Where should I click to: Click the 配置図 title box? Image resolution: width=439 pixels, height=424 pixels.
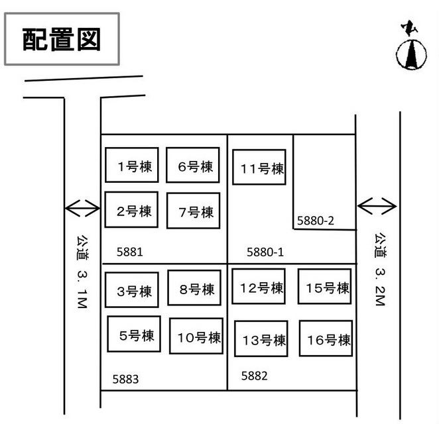click(62, 39)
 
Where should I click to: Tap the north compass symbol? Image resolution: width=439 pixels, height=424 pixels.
click(411, 46)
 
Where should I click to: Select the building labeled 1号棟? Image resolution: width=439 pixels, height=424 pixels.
click(132, 165)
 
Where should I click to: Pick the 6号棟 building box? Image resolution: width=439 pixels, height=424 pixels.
click(192, 165)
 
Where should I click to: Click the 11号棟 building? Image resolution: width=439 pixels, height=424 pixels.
click(259, 167)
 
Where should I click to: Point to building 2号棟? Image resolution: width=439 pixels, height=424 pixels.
click(131, 209)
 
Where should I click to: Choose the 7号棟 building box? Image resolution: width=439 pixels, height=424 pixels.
click(194, 211)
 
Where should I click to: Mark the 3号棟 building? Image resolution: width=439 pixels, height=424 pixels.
click(132, 290)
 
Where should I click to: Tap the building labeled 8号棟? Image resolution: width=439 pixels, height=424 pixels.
click(194, 288)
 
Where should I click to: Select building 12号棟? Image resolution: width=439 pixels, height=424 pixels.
click(259, 286)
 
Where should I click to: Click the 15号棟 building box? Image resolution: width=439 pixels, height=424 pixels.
click(325, 286)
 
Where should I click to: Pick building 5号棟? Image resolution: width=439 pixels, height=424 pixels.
click(134, 334)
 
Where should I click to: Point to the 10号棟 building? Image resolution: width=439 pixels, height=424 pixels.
click(196, 336)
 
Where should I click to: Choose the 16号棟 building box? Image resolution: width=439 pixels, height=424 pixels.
click(326, 339)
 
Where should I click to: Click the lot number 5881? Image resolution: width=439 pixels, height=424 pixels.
click(129, 252)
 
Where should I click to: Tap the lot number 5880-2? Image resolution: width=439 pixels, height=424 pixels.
click(316, 221)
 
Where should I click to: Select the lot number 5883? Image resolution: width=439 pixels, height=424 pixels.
click(125, 379)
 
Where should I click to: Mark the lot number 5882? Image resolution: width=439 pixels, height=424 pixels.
click(254, 376)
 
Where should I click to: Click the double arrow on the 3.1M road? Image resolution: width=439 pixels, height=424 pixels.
click(83, 208)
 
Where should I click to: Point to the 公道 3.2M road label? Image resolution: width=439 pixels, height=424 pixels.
click(381, 270)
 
